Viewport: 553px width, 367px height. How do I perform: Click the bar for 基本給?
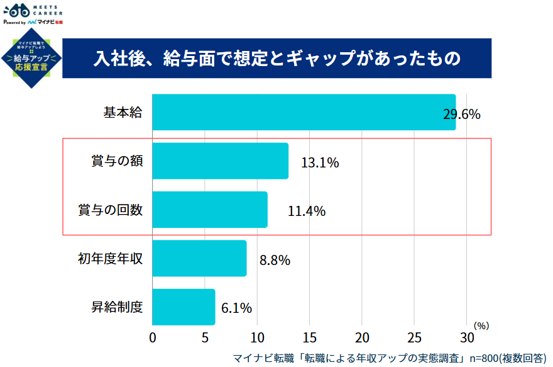pos(304,113)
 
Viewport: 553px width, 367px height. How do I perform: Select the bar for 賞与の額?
pos(220,161)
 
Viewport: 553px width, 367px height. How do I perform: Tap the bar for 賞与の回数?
pos(210,210)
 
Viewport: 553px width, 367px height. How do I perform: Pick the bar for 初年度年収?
pos(199,258)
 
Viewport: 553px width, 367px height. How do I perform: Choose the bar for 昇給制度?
pos(183,307)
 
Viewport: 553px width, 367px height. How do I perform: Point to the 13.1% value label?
pos(320,163)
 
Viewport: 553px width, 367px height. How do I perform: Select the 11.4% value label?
pos(307,212)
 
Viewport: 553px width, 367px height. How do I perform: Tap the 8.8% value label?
pos(275,259)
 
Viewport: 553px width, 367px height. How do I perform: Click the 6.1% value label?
pos(236,308)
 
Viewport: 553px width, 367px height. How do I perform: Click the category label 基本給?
pos(123,113)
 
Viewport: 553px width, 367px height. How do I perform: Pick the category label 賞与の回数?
pos(111,210)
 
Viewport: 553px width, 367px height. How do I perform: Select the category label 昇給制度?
pos(117,307)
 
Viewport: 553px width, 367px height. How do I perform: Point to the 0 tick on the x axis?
pos(153,337)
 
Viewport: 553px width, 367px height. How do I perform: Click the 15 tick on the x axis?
pos(310,337)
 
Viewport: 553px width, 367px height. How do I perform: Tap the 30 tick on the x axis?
pos(466,337)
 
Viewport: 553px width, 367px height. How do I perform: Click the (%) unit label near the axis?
pos(481,325)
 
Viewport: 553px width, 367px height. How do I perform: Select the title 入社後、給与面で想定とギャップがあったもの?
pos(277,58)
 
